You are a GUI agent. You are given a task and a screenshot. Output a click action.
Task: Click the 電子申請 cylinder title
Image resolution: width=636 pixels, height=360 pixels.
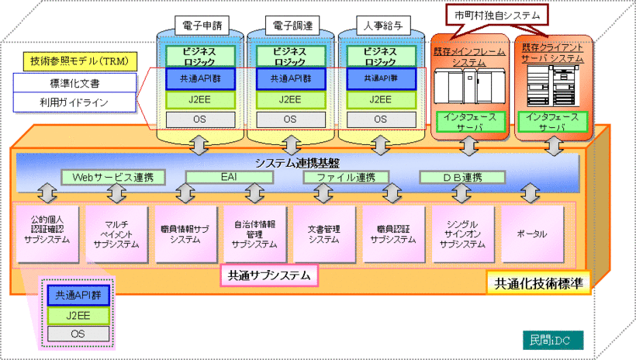tap(199, 24)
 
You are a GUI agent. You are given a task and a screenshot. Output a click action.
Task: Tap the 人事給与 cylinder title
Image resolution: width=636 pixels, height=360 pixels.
tap(380, 24)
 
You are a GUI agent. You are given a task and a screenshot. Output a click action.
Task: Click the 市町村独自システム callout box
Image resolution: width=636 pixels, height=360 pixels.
tap(497, 14)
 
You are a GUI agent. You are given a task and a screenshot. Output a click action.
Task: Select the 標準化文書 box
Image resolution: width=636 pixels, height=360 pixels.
tap(74, 82)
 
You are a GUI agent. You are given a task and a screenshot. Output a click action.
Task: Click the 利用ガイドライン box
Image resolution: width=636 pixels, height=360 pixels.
tap(74, 102)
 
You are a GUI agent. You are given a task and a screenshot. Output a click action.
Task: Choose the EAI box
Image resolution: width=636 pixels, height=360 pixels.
tap(229, 178)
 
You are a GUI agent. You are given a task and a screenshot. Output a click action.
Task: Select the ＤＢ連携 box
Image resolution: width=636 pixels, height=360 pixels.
tap(461, 178)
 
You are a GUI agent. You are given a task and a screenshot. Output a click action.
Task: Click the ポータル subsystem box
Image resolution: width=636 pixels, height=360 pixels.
tap(531, 233)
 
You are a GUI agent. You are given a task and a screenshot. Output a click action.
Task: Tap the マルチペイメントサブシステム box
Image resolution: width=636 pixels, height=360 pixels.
tap(115, 233)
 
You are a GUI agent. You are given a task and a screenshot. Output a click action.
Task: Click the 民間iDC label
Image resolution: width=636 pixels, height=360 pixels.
tap(551, 338)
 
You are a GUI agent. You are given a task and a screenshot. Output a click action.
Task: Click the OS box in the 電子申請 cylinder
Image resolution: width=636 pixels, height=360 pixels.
tap(199, 119)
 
